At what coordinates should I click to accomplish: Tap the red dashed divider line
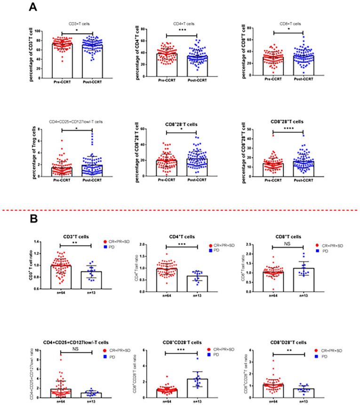coord(180,210)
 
